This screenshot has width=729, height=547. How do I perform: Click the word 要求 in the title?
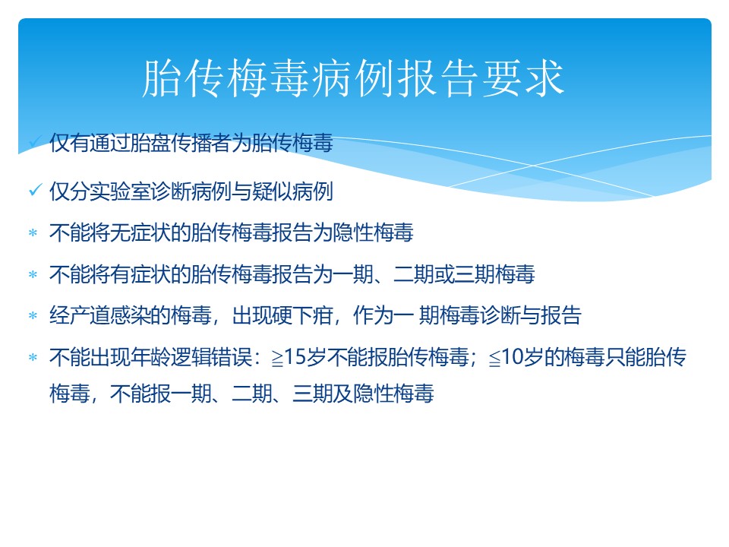click(522, 78)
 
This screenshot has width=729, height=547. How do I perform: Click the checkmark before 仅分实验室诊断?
click(36, 189)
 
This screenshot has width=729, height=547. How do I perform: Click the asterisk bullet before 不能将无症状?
click(33, 232)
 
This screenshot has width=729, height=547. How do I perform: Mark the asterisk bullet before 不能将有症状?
click(33, 274)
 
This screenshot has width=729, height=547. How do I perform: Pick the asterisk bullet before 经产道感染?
click(33, 315)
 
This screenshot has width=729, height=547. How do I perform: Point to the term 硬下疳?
click(303, 315)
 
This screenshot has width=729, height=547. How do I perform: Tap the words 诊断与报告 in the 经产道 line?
click(531, 315)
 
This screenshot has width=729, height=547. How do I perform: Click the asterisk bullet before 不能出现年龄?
click(33, 357)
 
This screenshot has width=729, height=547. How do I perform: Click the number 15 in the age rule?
click(295, 357)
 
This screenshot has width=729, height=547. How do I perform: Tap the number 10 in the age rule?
click(513, 357)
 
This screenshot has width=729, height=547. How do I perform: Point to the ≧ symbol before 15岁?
click(278, 359)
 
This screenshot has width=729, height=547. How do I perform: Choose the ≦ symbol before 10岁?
click(495, 359)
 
